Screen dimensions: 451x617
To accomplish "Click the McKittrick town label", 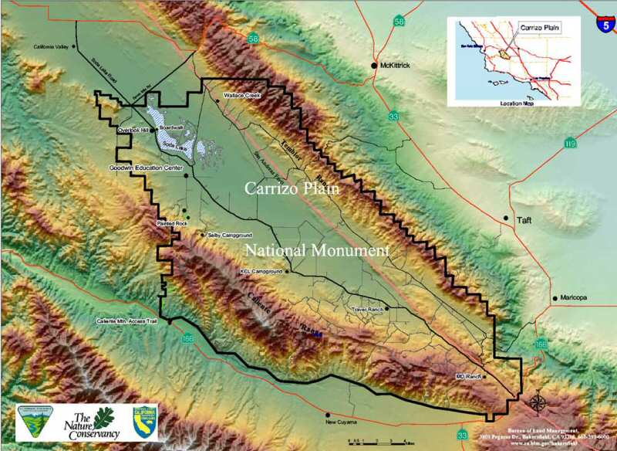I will (x=396, y=66).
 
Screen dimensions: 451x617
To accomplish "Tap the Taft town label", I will (x=524, y=219).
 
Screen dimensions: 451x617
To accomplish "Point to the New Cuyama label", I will (x=343, y=422).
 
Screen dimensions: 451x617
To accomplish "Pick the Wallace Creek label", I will (x=239, y=96).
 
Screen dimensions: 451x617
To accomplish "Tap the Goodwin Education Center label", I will (x=146, y=167).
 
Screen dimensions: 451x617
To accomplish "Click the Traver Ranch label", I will (x=368, y=308).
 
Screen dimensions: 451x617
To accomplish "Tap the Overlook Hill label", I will (x=132, y=131).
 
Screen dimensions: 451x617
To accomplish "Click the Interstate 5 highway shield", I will (x=607, y=24).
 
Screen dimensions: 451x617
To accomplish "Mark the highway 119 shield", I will (x=570, y=143).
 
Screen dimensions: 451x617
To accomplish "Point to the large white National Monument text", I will (x=317, y=250).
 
